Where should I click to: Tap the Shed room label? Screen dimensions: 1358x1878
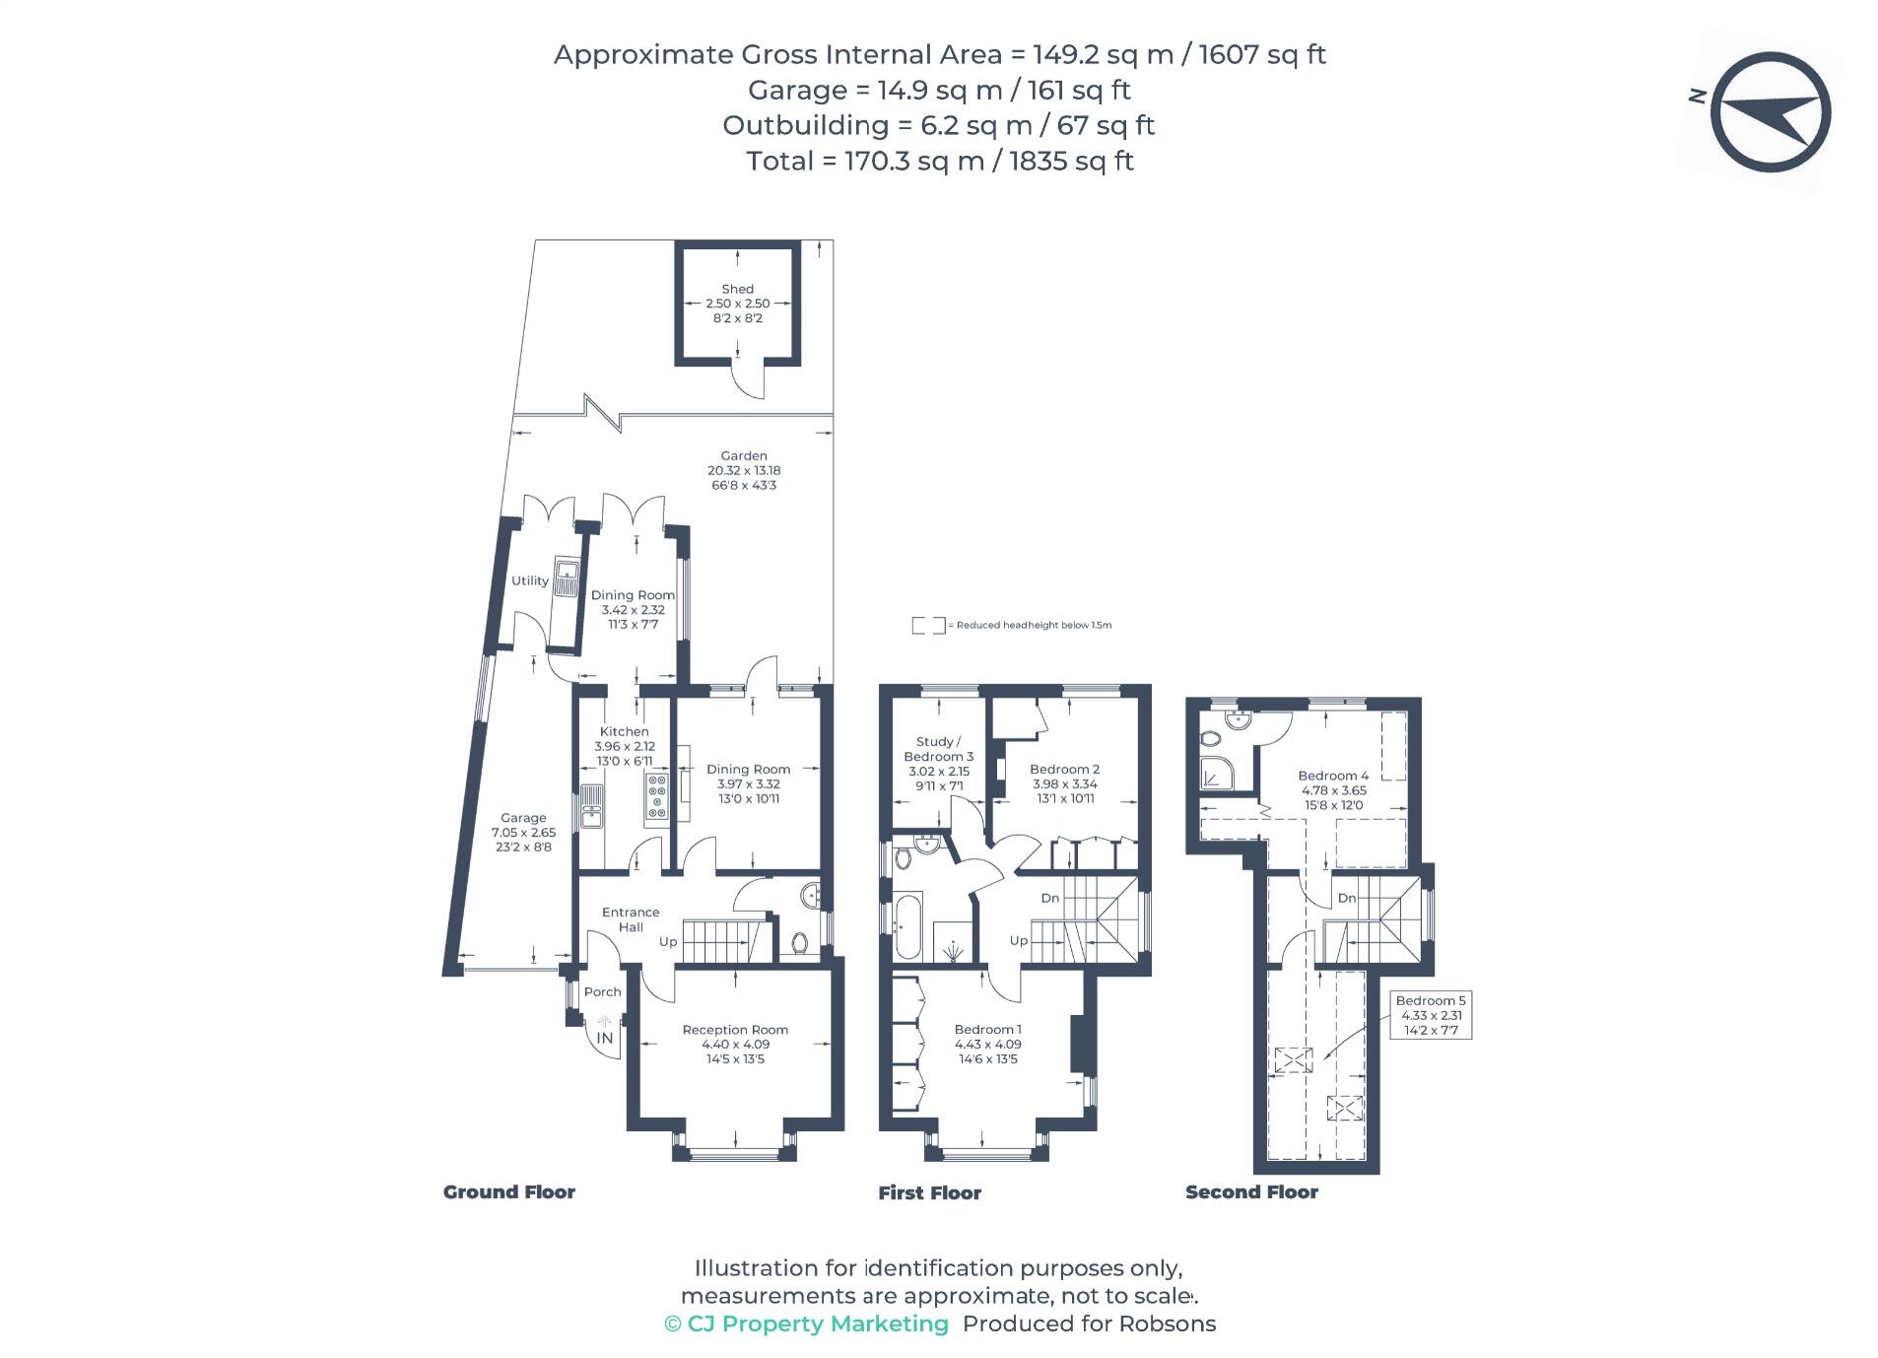(x=737, y=289)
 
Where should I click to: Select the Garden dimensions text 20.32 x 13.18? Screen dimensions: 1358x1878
(x=743, y=470)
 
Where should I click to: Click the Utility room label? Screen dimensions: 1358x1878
(x=529, y=580)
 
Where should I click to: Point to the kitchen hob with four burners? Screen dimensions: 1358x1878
(x=656, y=796)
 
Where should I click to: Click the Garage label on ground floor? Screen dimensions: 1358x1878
(x=523, y=817)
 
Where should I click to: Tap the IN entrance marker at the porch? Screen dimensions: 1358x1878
(x=604, y=1037)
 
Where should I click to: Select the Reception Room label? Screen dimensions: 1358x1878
(x=735, y=1029)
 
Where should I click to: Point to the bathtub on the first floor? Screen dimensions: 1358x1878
(x=906, y=926)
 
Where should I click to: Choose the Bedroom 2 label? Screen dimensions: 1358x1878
(x=1064, y=769)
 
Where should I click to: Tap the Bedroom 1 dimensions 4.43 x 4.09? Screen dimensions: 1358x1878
(x=987, y=1044)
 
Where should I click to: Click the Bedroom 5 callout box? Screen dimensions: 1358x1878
(x=1430, y=1014)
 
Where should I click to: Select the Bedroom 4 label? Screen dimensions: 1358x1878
(x=1333, y=776)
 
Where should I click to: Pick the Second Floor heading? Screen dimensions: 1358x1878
(x=1251, y=1191)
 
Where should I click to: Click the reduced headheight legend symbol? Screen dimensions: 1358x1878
(x=927, y=625)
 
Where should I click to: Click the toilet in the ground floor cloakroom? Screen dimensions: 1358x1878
(x=799, y=943)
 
